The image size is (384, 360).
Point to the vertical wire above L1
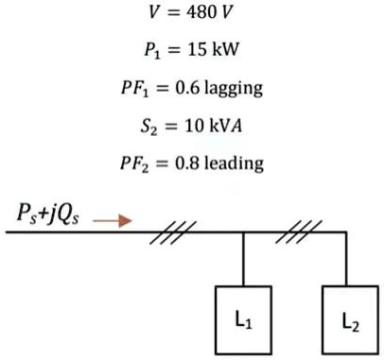coord(244,258)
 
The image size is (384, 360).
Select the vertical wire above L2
coord(349,258)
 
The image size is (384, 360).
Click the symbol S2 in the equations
coord(151,128)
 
